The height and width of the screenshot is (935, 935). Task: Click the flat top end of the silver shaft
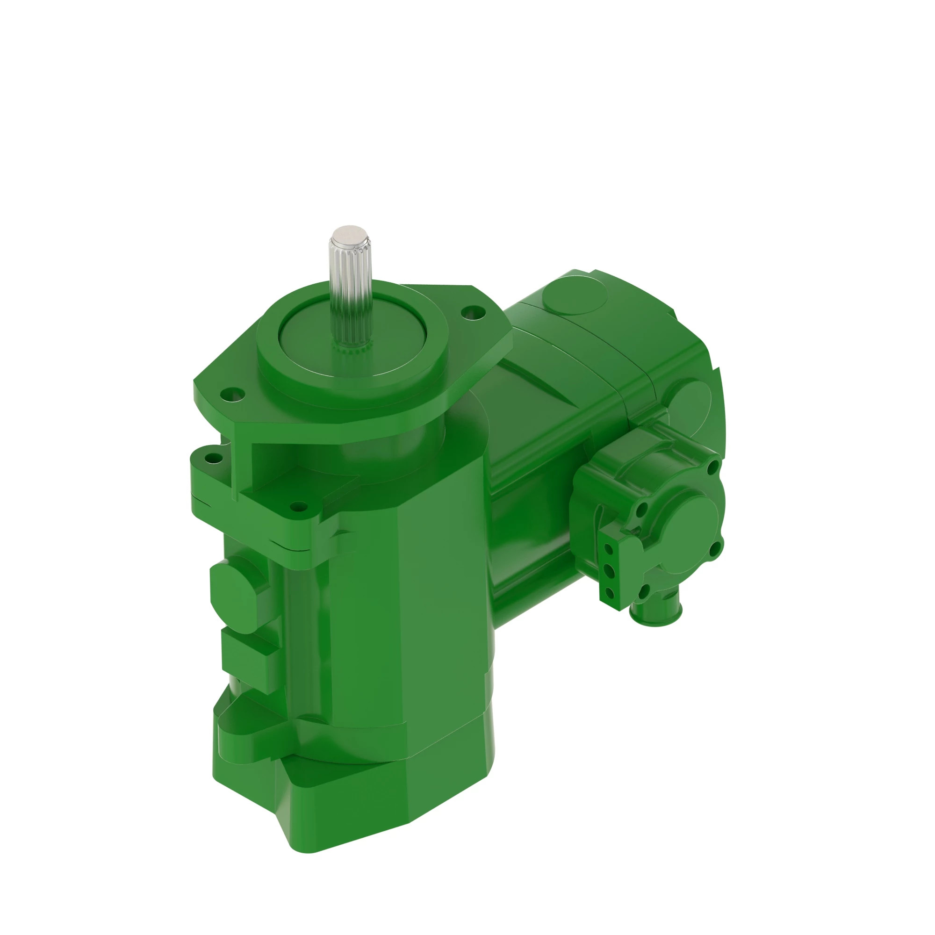pyautogui.click(x=350, y=233)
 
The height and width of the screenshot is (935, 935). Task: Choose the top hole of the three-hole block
pyautogui.click(x=609, y=549)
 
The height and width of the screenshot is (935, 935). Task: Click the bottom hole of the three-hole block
pyautogui.click(x=609, y=593)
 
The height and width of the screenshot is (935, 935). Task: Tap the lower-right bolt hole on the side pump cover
pyautogui.click(x=714, y=549)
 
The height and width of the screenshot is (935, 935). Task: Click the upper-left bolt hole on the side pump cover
pyautogui.click(x=643, y=509)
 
